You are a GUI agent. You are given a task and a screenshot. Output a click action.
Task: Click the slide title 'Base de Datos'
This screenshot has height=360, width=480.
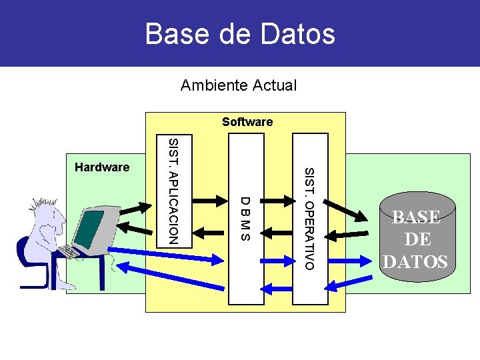click(x=240, y=33)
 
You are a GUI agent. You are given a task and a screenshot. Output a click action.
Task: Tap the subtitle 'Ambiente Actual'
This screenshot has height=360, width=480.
click(x=239, y=85)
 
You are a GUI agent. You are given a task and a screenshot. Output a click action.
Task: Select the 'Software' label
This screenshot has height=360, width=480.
click(x=247, y=122)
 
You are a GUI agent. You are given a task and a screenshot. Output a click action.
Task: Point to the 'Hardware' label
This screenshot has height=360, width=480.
click(x=102, y=167)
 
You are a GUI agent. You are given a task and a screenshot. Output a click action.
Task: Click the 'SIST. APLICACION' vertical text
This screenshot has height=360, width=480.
click(x=173, y=191)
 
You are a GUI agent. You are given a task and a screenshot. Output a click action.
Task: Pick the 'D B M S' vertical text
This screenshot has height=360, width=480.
click(x=245, y=219)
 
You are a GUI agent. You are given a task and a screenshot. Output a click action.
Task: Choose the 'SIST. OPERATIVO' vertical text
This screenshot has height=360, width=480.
click(x=309, y=219)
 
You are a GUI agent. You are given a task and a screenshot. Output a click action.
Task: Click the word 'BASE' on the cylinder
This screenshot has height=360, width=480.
click(x=416, y=217)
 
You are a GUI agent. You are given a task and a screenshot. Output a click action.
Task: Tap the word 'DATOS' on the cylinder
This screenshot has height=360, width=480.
click(x=415, y=262)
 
